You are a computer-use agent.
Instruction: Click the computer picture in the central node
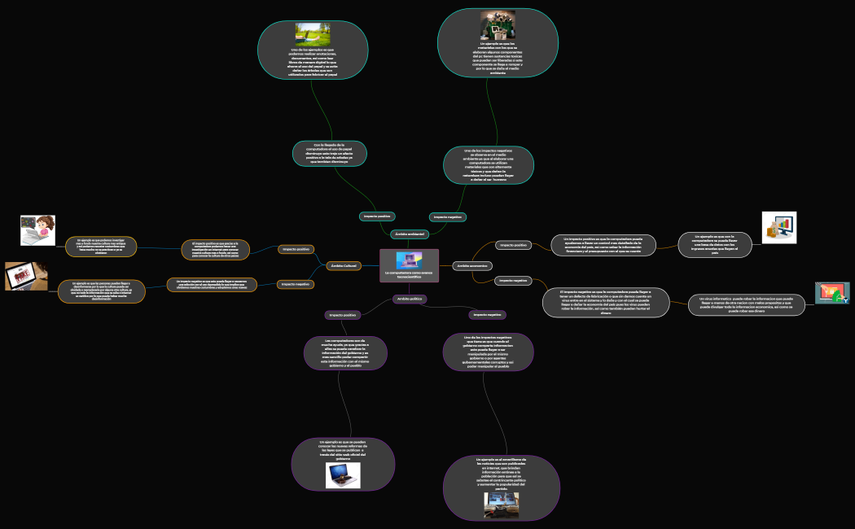409,260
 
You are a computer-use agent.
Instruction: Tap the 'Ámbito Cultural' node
344,266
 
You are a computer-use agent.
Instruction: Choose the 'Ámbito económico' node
472,266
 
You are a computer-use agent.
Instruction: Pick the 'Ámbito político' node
410,299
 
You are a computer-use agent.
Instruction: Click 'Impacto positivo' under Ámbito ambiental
377,216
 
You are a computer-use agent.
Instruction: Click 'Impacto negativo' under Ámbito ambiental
447,217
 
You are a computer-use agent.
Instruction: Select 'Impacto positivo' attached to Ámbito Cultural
296,249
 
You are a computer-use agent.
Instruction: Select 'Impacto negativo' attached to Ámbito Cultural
296,284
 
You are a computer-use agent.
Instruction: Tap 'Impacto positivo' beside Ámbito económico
514,245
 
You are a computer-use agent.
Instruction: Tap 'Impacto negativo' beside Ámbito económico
514,281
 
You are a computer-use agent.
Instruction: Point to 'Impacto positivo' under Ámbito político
343,315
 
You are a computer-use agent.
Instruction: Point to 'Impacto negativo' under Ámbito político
488,315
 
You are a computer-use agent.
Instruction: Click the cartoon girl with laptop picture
37,230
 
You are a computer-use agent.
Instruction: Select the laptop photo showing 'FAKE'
26,276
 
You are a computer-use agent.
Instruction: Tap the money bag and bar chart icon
778,227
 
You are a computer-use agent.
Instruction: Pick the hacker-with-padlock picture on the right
832,293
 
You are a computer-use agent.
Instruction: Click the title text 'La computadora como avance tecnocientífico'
409,275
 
